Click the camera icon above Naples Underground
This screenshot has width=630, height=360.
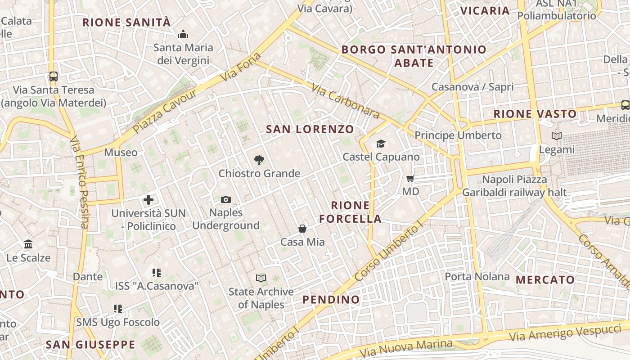click(x=226, y=199)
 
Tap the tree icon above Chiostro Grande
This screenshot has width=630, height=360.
click(x=259, y=160)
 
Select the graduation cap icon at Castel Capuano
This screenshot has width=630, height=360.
click(x=381, y=144)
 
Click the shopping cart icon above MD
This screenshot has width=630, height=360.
click(x=410, y=179)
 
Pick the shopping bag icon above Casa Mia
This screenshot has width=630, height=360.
click(x=302, y=229)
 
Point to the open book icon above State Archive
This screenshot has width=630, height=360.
click(x=261, y=278)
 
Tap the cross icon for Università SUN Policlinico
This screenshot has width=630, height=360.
click(x=148, y=200)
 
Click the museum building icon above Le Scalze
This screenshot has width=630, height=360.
click(x=29, y=244)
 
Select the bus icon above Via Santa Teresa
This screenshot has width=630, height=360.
click(x=54, y=76)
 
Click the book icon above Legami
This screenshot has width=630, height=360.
click(x=557, y=136)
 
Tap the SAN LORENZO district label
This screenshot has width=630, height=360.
click(x=310, y=129)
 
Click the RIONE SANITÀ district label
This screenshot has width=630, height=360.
click(x=126, y=22)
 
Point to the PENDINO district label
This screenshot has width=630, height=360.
click(x=331, y=300)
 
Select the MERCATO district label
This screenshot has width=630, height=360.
click(x=545, y=280)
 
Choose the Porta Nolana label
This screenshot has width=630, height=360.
click(x=477, y=276)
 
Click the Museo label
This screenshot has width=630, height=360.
click(x=121, y=153)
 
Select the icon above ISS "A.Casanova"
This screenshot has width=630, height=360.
click(x=157, y=273)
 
